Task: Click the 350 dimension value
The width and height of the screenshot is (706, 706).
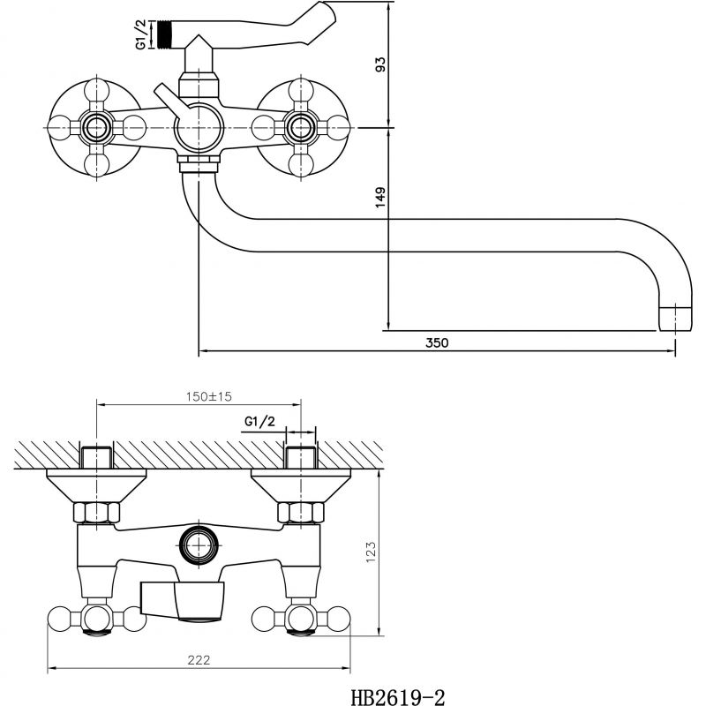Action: (437, 342)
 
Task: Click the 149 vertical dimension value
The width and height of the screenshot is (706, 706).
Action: (380, 197)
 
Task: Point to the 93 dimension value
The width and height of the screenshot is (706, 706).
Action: (380, 64)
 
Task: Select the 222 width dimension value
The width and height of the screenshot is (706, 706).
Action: (199, 660)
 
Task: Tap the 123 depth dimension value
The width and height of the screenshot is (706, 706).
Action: (371, 552)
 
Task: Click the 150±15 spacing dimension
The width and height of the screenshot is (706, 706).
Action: (209, 396)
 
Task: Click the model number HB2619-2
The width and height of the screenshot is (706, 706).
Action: (398, 697)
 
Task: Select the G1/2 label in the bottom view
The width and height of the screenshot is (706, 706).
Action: (259, 422)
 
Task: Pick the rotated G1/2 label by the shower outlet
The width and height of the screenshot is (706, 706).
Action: (141, 34)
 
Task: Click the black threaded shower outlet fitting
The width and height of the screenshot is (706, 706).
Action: (165, 34)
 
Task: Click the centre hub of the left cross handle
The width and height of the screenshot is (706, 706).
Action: (96, 128)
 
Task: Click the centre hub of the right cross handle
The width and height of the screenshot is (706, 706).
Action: (301, 128)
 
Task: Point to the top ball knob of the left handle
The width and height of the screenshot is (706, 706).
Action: (96, 91)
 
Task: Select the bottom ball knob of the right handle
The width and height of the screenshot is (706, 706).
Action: (301, 165)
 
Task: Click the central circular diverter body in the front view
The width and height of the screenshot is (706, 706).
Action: (199, 128)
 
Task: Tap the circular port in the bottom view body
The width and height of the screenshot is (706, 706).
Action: (199, 545)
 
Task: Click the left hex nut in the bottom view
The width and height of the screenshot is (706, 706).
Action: (96, 513)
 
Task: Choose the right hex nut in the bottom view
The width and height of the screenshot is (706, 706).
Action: (301, 513)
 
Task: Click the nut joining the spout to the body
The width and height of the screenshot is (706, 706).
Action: (199, 163)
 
